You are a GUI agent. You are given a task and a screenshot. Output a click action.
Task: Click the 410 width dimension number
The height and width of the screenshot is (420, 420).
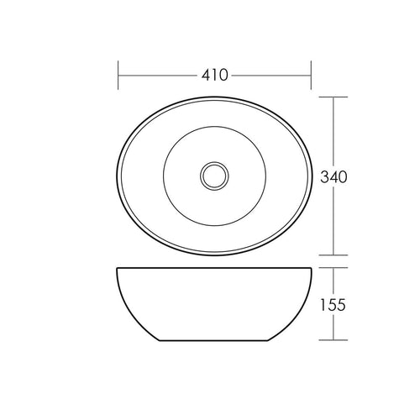coord(215,75)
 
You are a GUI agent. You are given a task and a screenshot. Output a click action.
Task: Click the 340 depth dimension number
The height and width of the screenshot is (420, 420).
coord(333,177)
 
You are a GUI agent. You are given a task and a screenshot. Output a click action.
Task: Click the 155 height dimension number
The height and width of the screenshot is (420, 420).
coord(333,305)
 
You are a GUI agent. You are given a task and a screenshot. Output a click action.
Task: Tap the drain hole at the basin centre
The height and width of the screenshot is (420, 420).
coord(214,176)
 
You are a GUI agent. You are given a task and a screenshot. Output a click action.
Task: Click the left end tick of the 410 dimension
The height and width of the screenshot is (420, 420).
coord(118,75)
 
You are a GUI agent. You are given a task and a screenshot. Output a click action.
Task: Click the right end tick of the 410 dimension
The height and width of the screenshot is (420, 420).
coord(311,75)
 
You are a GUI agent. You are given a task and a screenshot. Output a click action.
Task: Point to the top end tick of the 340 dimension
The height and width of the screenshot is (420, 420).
coord(333,97)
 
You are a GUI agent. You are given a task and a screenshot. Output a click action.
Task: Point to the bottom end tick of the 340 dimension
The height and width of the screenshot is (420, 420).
coord(333,255)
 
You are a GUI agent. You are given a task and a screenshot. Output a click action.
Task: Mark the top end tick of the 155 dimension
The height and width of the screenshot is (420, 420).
coord(333,268)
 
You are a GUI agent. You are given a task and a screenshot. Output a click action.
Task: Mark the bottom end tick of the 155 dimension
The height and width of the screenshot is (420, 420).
coord(333,340)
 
